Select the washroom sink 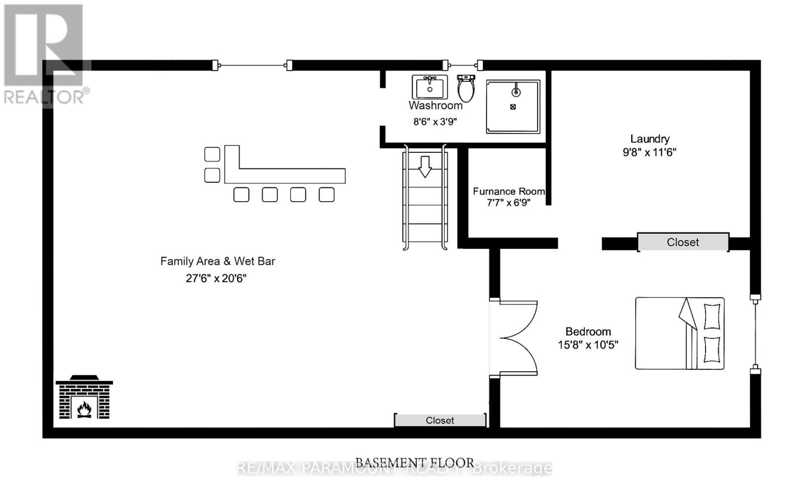[x=430, y=88]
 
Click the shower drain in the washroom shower [x=513, y=107]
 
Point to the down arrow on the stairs [x=425, y=166]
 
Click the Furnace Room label [x=508, y=191]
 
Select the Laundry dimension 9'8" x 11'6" [x=649, y=152]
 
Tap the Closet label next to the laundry [x=682, y=242]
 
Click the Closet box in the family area [x=440, y=421]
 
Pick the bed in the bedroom [x=680, y=333]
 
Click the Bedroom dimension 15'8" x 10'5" [x=588, y=345]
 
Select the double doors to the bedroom [x=515, y=338]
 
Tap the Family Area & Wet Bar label [x=217, y=261]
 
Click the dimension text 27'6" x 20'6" [x=216, y=278]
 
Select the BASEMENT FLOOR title [x=414, y=462]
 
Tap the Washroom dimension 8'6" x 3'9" [x=435, y=122]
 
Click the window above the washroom [x=463, y=65]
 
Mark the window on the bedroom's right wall [x=755, y=333]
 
